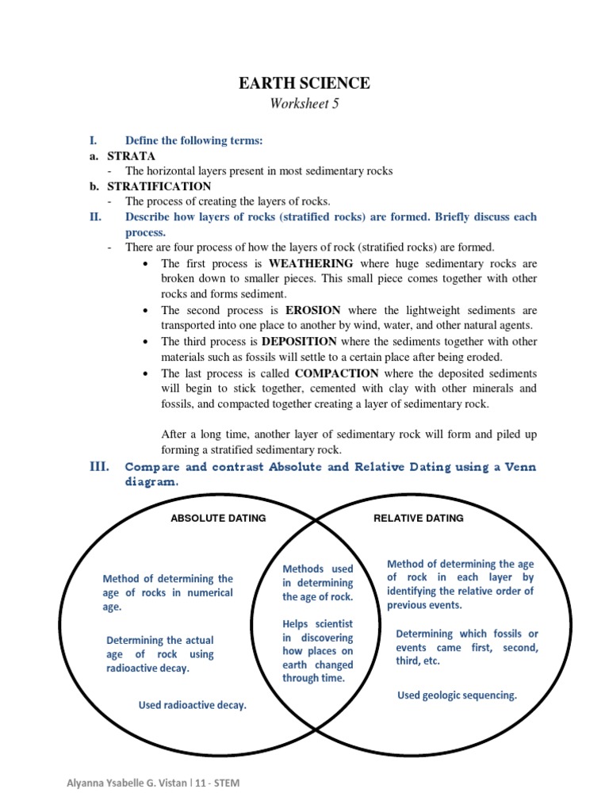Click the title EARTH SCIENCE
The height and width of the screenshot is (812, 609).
(x=304, y=83)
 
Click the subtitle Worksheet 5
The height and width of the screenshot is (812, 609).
(x=304, y=104)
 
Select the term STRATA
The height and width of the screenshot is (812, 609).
(x=132, y=156)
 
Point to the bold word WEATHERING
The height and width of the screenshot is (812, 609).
(x=311, y=263)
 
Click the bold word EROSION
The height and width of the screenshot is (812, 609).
(x=313, y=310)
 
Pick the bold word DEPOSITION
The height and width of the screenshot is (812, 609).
(x=305, y=341)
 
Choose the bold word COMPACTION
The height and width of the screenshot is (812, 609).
(x=336, y=373)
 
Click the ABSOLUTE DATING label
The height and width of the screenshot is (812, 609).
(x=219, y=519)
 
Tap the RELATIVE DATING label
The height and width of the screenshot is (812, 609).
(x=419, y=519)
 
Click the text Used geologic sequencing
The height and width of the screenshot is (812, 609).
(x=457, y=695)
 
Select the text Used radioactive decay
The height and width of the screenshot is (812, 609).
(x=193, y=704)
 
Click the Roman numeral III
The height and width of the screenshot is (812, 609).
(x=98, y=467)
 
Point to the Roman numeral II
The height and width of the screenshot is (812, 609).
(x=94, y=217)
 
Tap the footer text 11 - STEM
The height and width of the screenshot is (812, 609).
(x=216, y=783)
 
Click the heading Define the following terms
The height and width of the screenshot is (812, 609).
(x=193, y=140)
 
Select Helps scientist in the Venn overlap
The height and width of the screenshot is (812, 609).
(x=318, y=624)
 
